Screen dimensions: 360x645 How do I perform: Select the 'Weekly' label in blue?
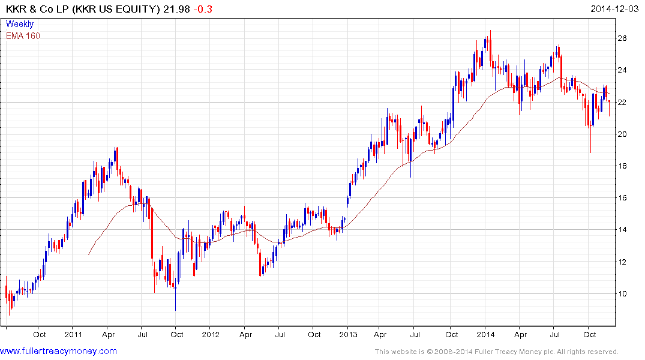(19, 24)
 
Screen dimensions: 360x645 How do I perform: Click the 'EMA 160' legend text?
(23, 36)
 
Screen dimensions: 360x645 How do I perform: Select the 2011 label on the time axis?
(73, 334)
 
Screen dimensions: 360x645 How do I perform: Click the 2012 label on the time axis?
(211, 334)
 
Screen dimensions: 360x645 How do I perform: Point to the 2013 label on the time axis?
(348, 334)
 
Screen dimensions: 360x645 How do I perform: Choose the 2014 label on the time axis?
(485, 334)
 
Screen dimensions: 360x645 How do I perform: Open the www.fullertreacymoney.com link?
(59, 351)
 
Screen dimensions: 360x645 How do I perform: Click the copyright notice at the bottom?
(497, 352)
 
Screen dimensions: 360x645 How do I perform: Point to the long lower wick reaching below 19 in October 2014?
(590, 144)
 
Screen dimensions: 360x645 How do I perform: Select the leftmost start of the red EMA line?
(89, 254)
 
